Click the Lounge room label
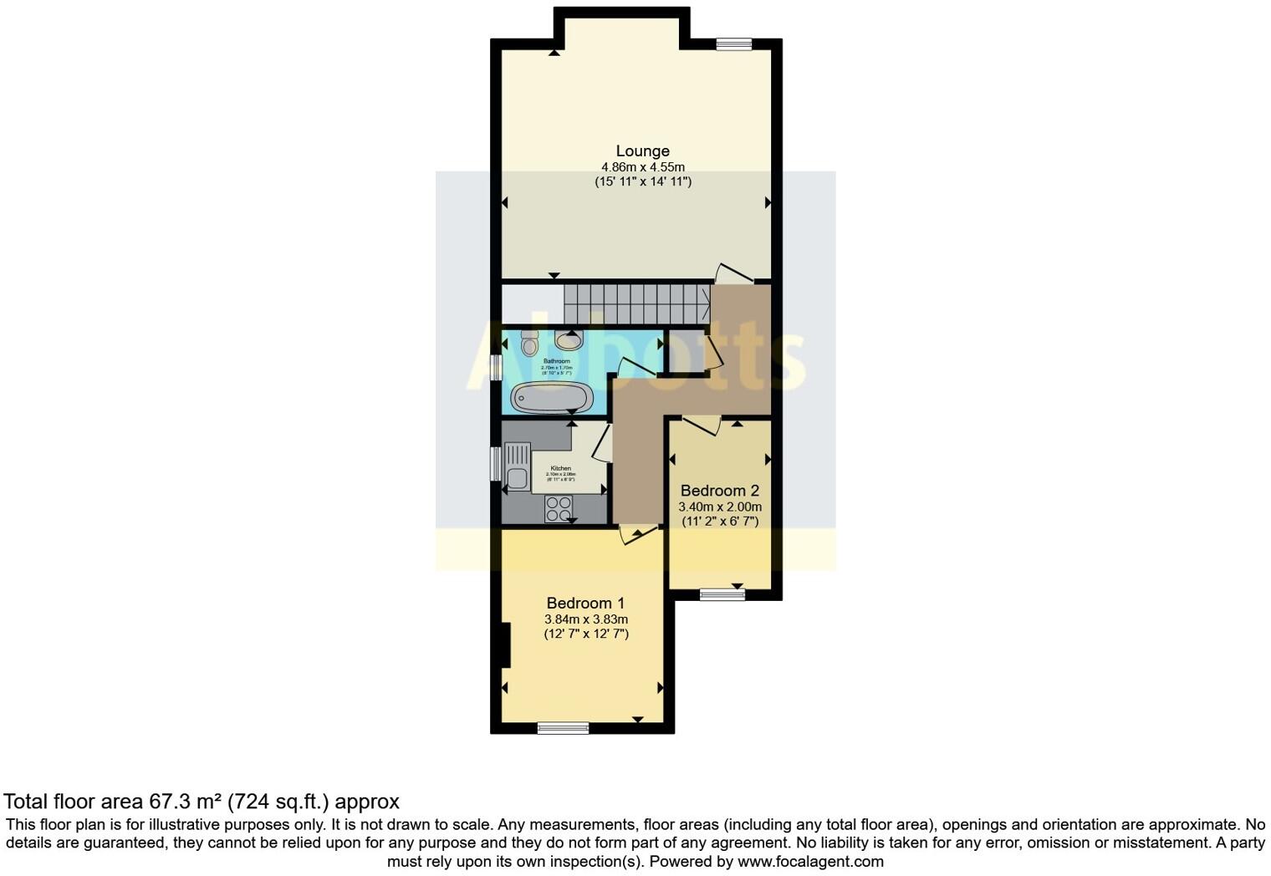click(x=642, y=151)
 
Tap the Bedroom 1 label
click(x=585, y=603)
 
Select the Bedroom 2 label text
click(x=719, y=490)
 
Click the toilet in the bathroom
click(x=529, y=342)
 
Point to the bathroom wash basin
click(x=568, y=340)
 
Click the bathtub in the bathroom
click(x=552, y=397)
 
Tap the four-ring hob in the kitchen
click(x=558, y=508)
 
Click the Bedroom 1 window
click(x=563, y=728)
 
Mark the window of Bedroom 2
click(x=722, y=594)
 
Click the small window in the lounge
click(x=733, y=45)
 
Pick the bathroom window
click(x=496, y=369)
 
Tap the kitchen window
click(x=496, y=464)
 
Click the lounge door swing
click(x=732, y=273)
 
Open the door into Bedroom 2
click(x=701, y=425)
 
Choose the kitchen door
click(x=603, y=443)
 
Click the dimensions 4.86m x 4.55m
click(x=642, y=167)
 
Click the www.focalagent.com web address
click(x=810, y=861)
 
